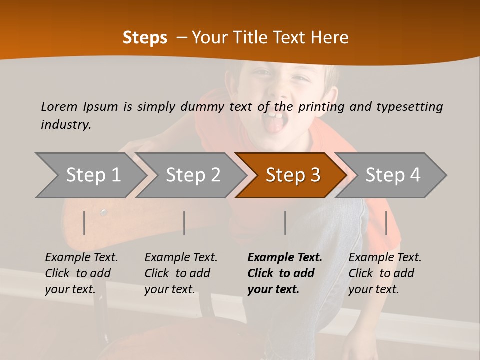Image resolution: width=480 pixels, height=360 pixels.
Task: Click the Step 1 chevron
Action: [x=92, y=175]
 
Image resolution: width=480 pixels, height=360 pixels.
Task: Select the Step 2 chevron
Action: [x=192, y=175]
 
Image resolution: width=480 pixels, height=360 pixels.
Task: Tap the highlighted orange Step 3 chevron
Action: [x=292, y=175]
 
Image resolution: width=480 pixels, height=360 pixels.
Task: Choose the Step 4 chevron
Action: [x=392, y=175]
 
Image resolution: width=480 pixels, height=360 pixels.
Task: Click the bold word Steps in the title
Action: [x=145, y=37]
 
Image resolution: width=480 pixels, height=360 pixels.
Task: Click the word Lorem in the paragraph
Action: [x=59, y=106]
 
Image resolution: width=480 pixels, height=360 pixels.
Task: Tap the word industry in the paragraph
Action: [x=65, y=124]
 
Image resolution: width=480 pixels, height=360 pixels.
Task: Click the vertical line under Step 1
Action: [x=84, y=223]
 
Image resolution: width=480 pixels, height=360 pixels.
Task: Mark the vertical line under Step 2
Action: [x=184, y=223]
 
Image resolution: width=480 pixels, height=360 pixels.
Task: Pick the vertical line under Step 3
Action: [x=285, y=223]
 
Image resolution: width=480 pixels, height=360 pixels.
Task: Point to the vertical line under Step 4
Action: [x=386, y=223]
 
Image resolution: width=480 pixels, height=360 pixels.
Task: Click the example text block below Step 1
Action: [x=81, y=273]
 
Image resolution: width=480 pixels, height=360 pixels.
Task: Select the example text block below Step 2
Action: [x=181, y=273]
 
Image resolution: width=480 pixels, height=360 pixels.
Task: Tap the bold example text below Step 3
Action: [x=285, y=273]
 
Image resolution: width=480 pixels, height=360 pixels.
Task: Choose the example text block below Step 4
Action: [x=385, y=273]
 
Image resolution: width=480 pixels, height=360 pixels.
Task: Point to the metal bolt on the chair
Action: [x=103, y=212]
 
